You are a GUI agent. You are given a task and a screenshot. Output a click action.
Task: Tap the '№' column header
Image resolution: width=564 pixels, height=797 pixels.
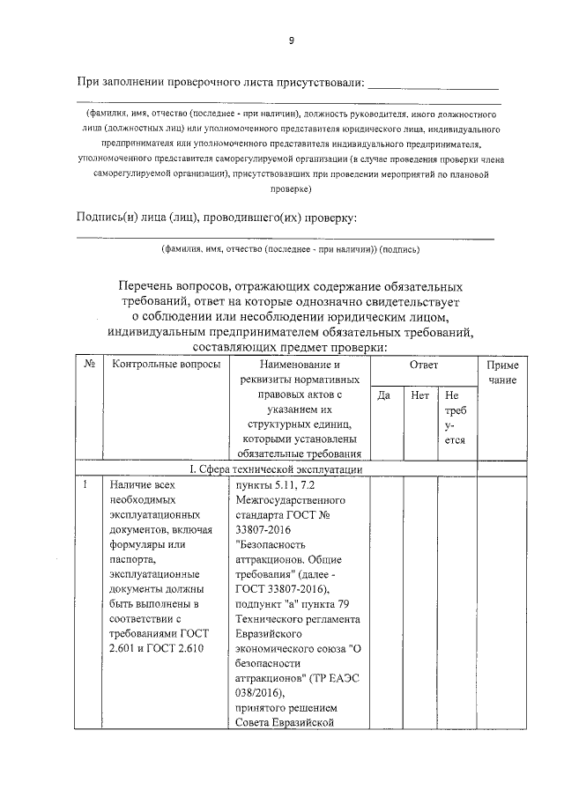coord(89,364)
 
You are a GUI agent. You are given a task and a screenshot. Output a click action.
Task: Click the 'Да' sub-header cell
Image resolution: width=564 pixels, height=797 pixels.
coord(384,395)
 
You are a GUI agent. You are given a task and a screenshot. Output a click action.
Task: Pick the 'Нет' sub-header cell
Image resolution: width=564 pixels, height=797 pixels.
coord(419,395)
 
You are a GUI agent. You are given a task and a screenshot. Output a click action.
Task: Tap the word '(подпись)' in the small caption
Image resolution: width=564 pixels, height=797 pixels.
coord(400,249)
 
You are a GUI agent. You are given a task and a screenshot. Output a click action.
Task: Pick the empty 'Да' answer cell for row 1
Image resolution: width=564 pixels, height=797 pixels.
coord(384,599)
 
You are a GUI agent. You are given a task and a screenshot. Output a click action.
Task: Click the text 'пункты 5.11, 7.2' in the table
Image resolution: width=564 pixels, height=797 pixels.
coord(271,484)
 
